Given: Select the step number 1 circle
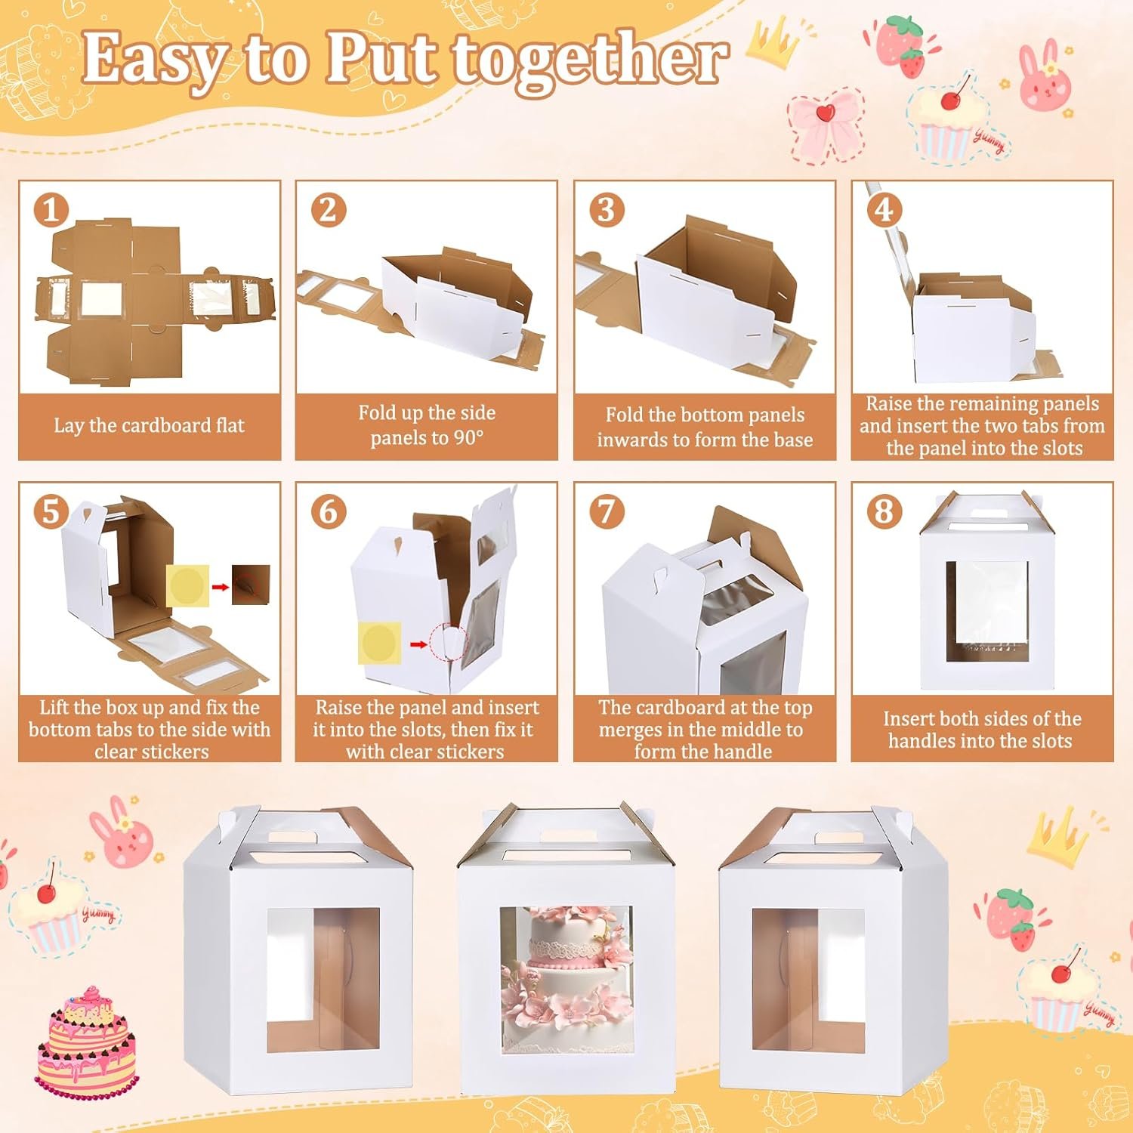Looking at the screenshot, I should pyautogui.click(x=51, y=210).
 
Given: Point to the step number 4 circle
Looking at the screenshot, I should pyautogui.click(x=884, y=209).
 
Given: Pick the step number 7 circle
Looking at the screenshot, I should pyautogui.click(x=606, y=511).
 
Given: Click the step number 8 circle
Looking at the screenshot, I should pyautogui.click(x=884, y=511).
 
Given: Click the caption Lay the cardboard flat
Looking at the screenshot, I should pyautogui.click(x=149, y=425).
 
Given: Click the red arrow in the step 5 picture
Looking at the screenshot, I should pyautogui.click(x=219, y=586).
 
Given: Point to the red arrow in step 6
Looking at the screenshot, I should pyautogui.click(x=417, y=644).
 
